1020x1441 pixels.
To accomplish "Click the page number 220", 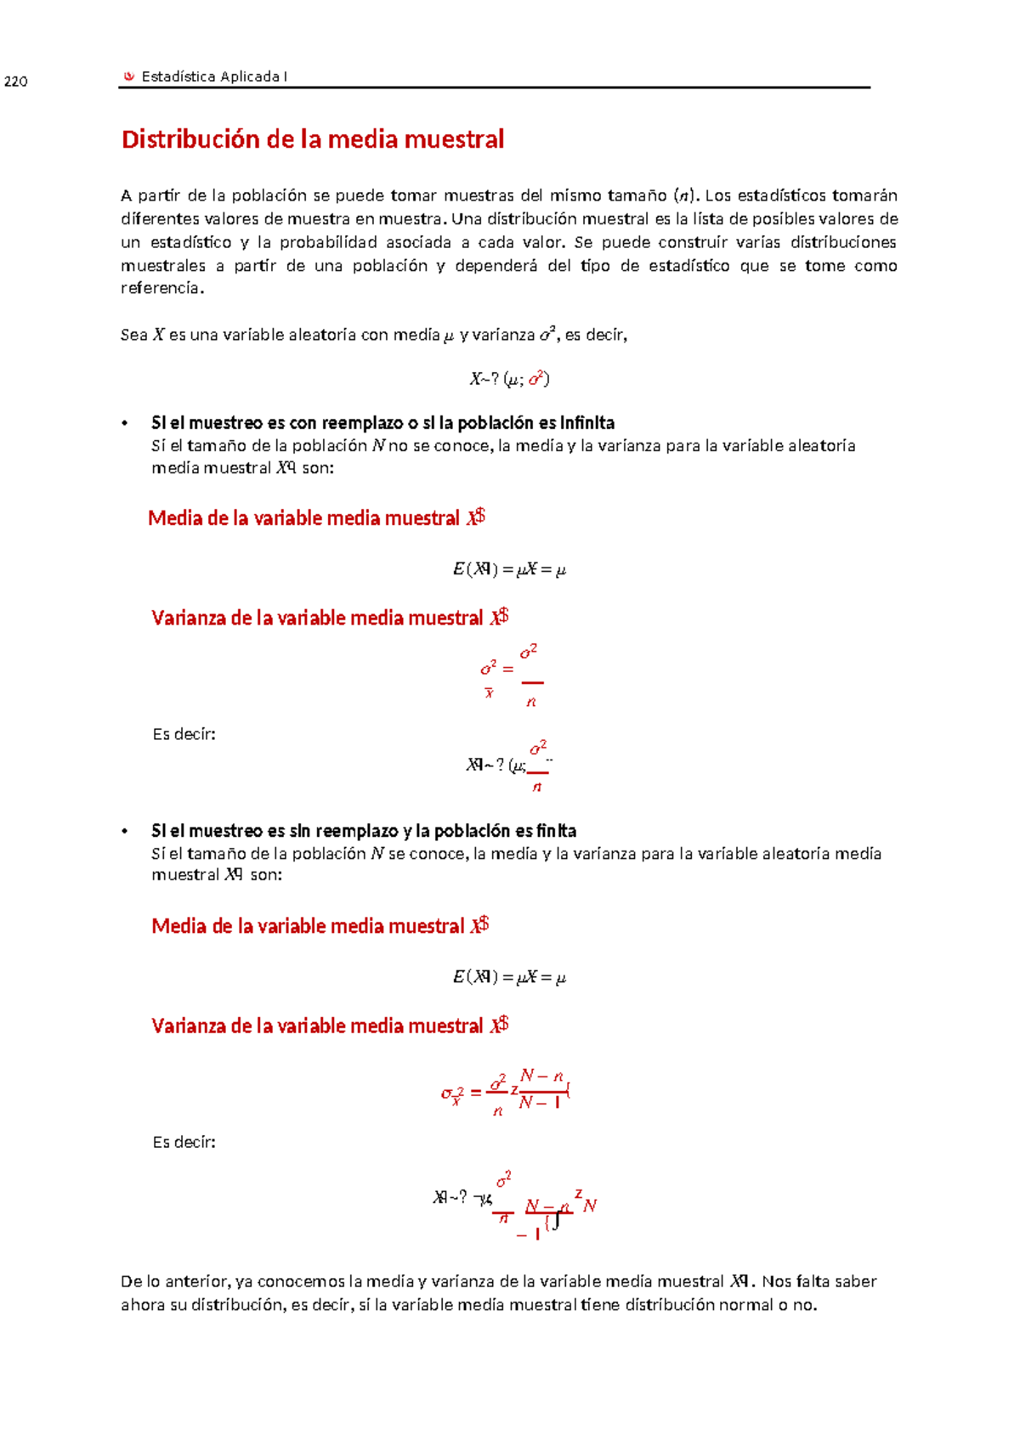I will pos(16,82).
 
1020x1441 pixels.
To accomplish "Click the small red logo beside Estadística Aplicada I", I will pos(129,76).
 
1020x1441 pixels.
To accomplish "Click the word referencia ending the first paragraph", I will pos(161,288).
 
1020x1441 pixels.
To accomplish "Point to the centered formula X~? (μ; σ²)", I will pos(509,379).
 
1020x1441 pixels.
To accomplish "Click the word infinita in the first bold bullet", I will pos(587,422).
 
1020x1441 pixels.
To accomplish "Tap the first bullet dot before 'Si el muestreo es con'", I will pos(125,423).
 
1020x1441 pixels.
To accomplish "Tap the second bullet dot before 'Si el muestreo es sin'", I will pos(125,831).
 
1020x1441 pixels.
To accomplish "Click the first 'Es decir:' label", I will pos(184,734).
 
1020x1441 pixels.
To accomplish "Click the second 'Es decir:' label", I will pos(184,1142).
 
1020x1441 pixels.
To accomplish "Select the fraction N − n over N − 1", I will pos(541,1089).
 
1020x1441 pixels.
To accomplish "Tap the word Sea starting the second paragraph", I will pos(133,335).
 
